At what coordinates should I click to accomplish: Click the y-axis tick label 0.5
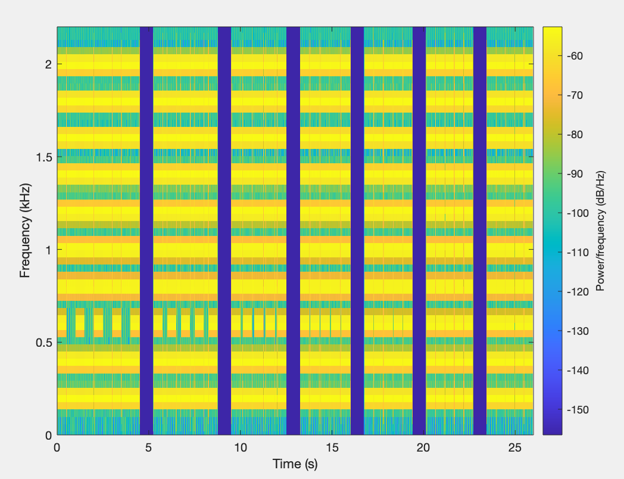[x=43, y=343]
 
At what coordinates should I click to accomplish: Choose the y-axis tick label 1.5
[x=43, y=157]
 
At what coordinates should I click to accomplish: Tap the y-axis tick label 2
[x=48, y=64]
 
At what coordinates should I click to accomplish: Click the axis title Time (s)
[x=295, y=464]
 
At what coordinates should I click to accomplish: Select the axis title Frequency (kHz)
[x=25, y=231]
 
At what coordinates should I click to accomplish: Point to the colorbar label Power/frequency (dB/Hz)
[x=601, y=231]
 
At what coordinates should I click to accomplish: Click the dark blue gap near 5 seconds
[x=146, y=231]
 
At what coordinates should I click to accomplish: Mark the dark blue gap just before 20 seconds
[x=419, y=231]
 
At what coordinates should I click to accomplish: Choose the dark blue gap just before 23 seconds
[x=480, y=231]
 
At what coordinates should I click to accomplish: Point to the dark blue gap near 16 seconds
[x=357, y=231]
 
